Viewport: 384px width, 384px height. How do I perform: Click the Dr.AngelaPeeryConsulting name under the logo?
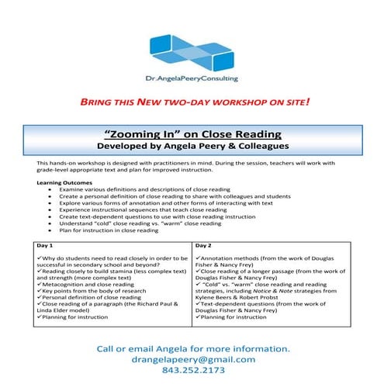192,78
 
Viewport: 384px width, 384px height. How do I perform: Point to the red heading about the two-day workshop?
192,102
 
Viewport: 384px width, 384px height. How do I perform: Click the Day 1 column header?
48,245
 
